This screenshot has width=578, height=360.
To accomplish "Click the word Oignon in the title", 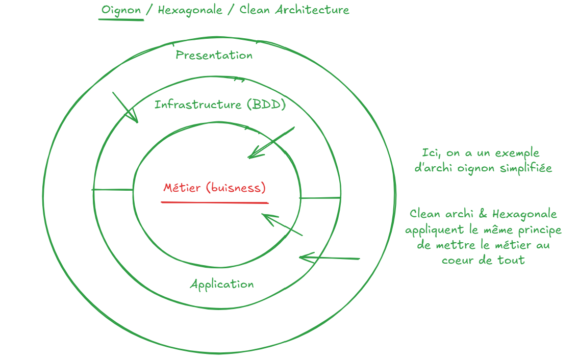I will pyautogui.click(x=121, y=10).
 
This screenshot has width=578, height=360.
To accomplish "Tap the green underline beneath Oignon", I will pyautogui.click(x=121, y=19).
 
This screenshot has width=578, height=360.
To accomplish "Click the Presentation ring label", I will pyautogui.click(x=214, y=55).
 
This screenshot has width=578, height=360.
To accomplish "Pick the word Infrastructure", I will pyautogui.click(x=198, y=105).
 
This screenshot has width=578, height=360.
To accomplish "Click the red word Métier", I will pyautogui.click(x=183, y=188).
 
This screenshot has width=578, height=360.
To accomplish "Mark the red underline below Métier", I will pyautogui.click(x=214, y=202).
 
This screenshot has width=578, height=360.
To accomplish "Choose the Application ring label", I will pyautogui.click(x=221, y=284).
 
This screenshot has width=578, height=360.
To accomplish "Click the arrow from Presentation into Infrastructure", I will pyautogui.click(x=125, y=108).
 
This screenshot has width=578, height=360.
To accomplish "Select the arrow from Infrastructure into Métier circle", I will pyautogui.click(x=270, y=143).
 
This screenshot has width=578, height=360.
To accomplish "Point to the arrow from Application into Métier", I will pyautogui.click(x=282, y=224).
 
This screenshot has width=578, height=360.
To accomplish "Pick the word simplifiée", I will pyautogui.click(x=527, y=168).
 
